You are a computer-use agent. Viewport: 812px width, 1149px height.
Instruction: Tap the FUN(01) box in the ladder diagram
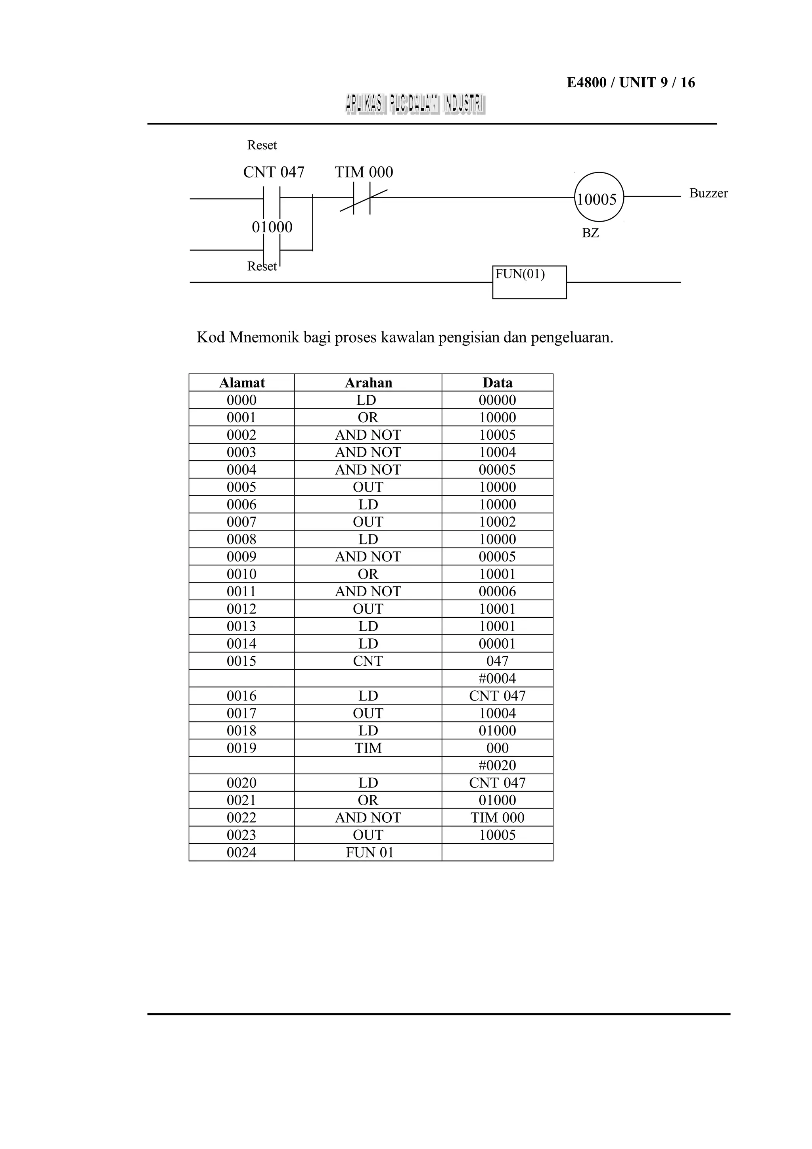click(529, 282)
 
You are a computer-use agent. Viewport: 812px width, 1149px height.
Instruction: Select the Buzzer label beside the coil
click(709, 193)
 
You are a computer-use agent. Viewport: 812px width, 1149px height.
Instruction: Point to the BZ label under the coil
click(590, 233)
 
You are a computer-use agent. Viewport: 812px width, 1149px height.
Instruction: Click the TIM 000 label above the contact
click(364, 172)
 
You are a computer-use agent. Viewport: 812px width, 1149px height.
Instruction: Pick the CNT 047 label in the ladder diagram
click(274, 172)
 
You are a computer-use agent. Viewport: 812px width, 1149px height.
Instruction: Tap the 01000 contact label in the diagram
click(272, 227)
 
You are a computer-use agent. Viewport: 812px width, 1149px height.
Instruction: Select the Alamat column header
click(241, 383)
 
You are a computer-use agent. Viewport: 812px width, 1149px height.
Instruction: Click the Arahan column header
click(368, 383)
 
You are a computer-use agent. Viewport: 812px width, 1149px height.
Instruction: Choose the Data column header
click(497, 383)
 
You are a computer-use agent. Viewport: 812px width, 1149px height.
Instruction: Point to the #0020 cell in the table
click(497, 766)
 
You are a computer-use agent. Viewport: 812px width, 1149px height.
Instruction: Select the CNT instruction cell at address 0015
click(368, 661)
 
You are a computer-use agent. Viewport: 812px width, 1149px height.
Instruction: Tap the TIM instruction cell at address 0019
click(368, 748)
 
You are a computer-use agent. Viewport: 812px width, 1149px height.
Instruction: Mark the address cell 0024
click(241, 853)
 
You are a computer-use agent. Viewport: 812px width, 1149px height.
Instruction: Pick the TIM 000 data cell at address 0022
click(497, 818)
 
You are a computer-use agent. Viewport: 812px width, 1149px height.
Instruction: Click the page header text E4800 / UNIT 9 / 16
click(630, 82)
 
